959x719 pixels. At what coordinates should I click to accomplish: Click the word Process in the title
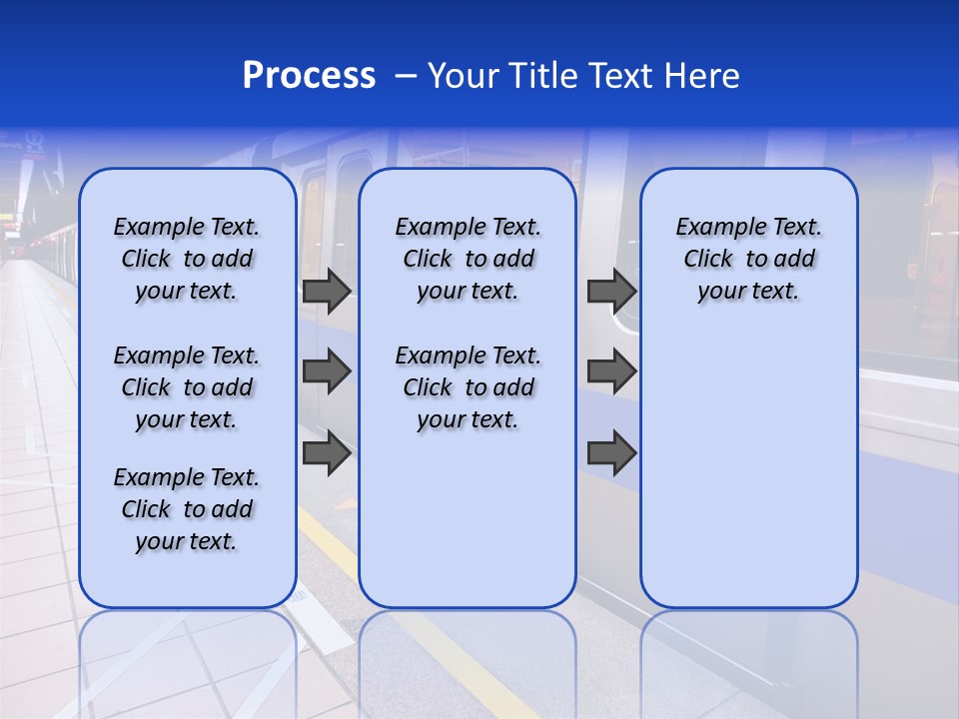(x=309, y=76)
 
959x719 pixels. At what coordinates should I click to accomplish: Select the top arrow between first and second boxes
(x=326, y=292)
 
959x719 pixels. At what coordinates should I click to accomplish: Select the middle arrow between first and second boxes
(x=326, y=371)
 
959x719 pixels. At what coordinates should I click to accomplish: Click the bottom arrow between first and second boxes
(x=326, y=453)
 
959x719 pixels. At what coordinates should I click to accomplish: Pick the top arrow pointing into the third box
(x=611, y=292)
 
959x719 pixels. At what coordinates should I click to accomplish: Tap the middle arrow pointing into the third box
(x=611, y=371)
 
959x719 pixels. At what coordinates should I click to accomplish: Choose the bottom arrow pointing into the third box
(x=611, y=453)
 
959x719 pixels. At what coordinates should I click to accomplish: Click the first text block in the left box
(x=187, y=259)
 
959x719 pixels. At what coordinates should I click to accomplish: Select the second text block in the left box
(x=187, y=387)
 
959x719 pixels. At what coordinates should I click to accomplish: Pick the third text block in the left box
(x=187, y=509)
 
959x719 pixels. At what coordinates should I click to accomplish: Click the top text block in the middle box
(x=468, y=259)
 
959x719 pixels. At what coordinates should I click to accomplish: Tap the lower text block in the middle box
(x=468, y=387)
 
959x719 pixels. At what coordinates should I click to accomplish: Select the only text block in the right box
(x=748, y=259)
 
